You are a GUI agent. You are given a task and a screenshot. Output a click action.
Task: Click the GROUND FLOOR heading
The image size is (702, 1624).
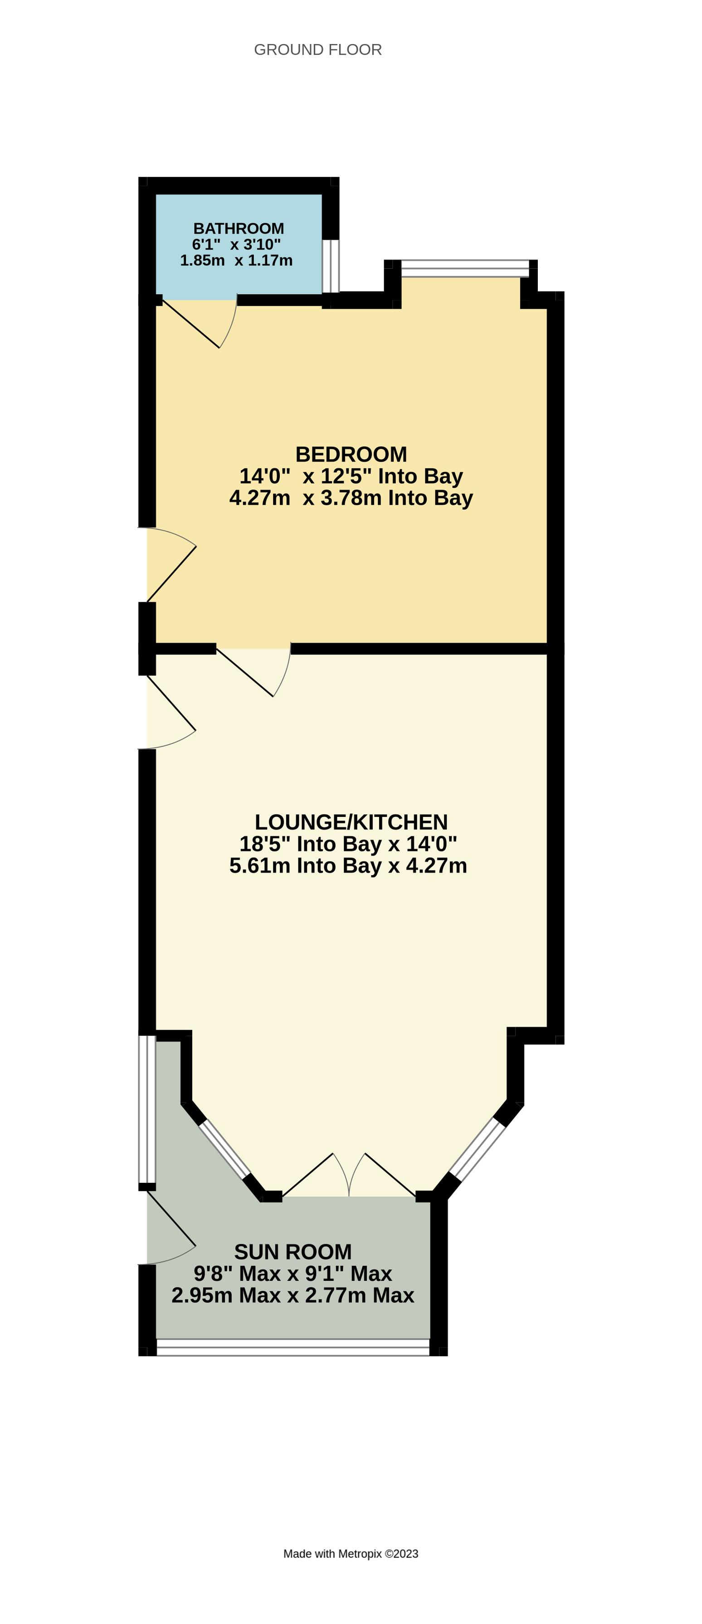[x=317, y=50]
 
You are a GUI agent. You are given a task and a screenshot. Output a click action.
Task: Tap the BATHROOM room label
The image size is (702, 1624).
[x=238, y=228]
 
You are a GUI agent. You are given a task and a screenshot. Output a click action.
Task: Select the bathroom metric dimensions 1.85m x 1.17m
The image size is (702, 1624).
[x=236, y=261]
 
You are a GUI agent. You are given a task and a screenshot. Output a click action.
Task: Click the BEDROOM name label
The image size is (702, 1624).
[x=351, y=454]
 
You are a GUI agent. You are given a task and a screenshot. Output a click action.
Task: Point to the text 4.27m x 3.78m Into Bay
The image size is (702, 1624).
[x=351, y=497]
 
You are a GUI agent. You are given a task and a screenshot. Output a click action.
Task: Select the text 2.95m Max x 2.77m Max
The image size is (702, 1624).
[x=292, y=1295]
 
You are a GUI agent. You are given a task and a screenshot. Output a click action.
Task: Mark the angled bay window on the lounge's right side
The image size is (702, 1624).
[x=478, y=1149]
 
